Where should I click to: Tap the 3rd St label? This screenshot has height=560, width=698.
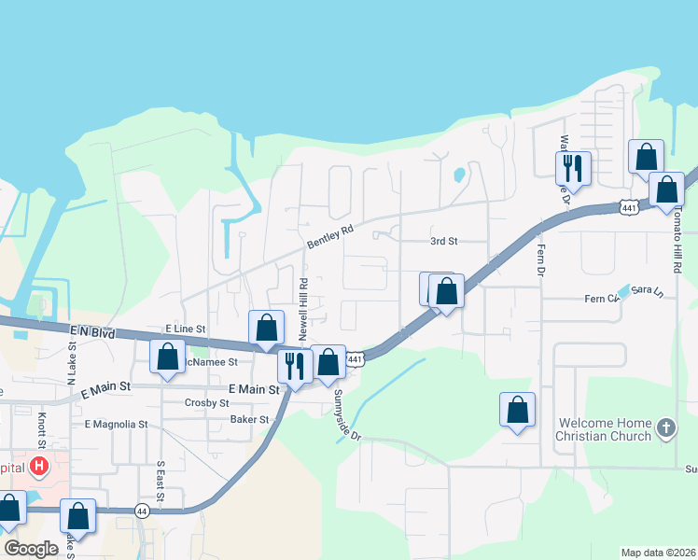443,241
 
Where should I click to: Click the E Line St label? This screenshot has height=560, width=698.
184,329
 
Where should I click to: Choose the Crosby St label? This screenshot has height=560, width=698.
207,402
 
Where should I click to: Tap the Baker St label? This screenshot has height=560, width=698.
249,420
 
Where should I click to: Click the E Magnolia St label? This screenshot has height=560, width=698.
116,424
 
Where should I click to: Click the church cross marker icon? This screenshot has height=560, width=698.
664,428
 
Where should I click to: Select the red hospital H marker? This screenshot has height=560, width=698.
39,465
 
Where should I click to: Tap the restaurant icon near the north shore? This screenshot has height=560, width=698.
573,168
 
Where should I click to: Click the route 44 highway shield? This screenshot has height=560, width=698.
142,511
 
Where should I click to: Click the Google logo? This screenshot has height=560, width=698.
31,549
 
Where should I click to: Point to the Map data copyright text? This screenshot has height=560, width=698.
657,553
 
